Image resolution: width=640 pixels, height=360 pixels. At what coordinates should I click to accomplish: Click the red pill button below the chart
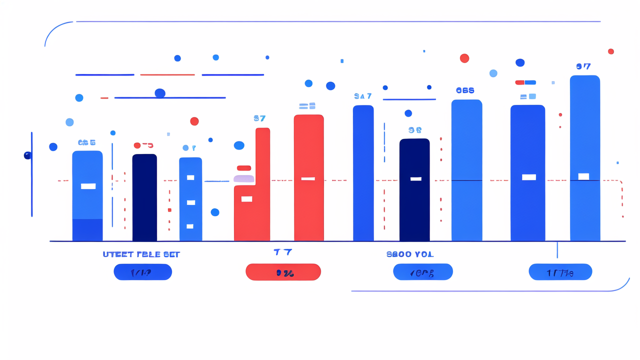point(283,272)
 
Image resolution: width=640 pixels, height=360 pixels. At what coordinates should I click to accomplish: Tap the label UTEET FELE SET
point(141,254)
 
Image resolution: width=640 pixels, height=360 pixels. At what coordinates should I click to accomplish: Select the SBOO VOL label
point(410,254)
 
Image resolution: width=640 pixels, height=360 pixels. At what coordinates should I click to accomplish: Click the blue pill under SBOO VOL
point(422,272)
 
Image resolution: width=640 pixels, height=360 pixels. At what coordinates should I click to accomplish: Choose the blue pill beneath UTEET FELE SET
point(142,272)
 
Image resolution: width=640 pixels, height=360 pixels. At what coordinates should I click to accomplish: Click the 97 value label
point(583,66)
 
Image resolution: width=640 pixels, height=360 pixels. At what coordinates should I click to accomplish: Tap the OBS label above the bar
point(465,90)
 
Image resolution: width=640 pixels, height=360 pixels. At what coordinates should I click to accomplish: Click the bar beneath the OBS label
point(466,170)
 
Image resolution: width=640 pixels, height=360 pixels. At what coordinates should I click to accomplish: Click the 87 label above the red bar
point(259,118)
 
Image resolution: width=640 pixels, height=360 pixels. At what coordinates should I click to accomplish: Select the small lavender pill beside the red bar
point(244,178)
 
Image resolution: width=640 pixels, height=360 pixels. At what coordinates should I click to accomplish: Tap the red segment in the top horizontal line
point(167,74)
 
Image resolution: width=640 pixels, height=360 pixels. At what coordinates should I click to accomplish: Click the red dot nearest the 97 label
point(610,51)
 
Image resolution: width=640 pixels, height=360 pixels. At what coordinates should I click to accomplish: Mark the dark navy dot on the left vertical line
point(27,155)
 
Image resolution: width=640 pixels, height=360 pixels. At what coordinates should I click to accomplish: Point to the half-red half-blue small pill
point(525,82)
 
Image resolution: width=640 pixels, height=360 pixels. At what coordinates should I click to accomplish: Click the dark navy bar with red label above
point(144,197)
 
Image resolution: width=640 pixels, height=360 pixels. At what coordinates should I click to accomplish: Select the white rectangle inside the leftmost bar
point(88,186)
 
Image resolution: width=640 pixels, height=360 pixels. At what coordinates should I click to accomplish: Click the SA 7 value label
point(362,96)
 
